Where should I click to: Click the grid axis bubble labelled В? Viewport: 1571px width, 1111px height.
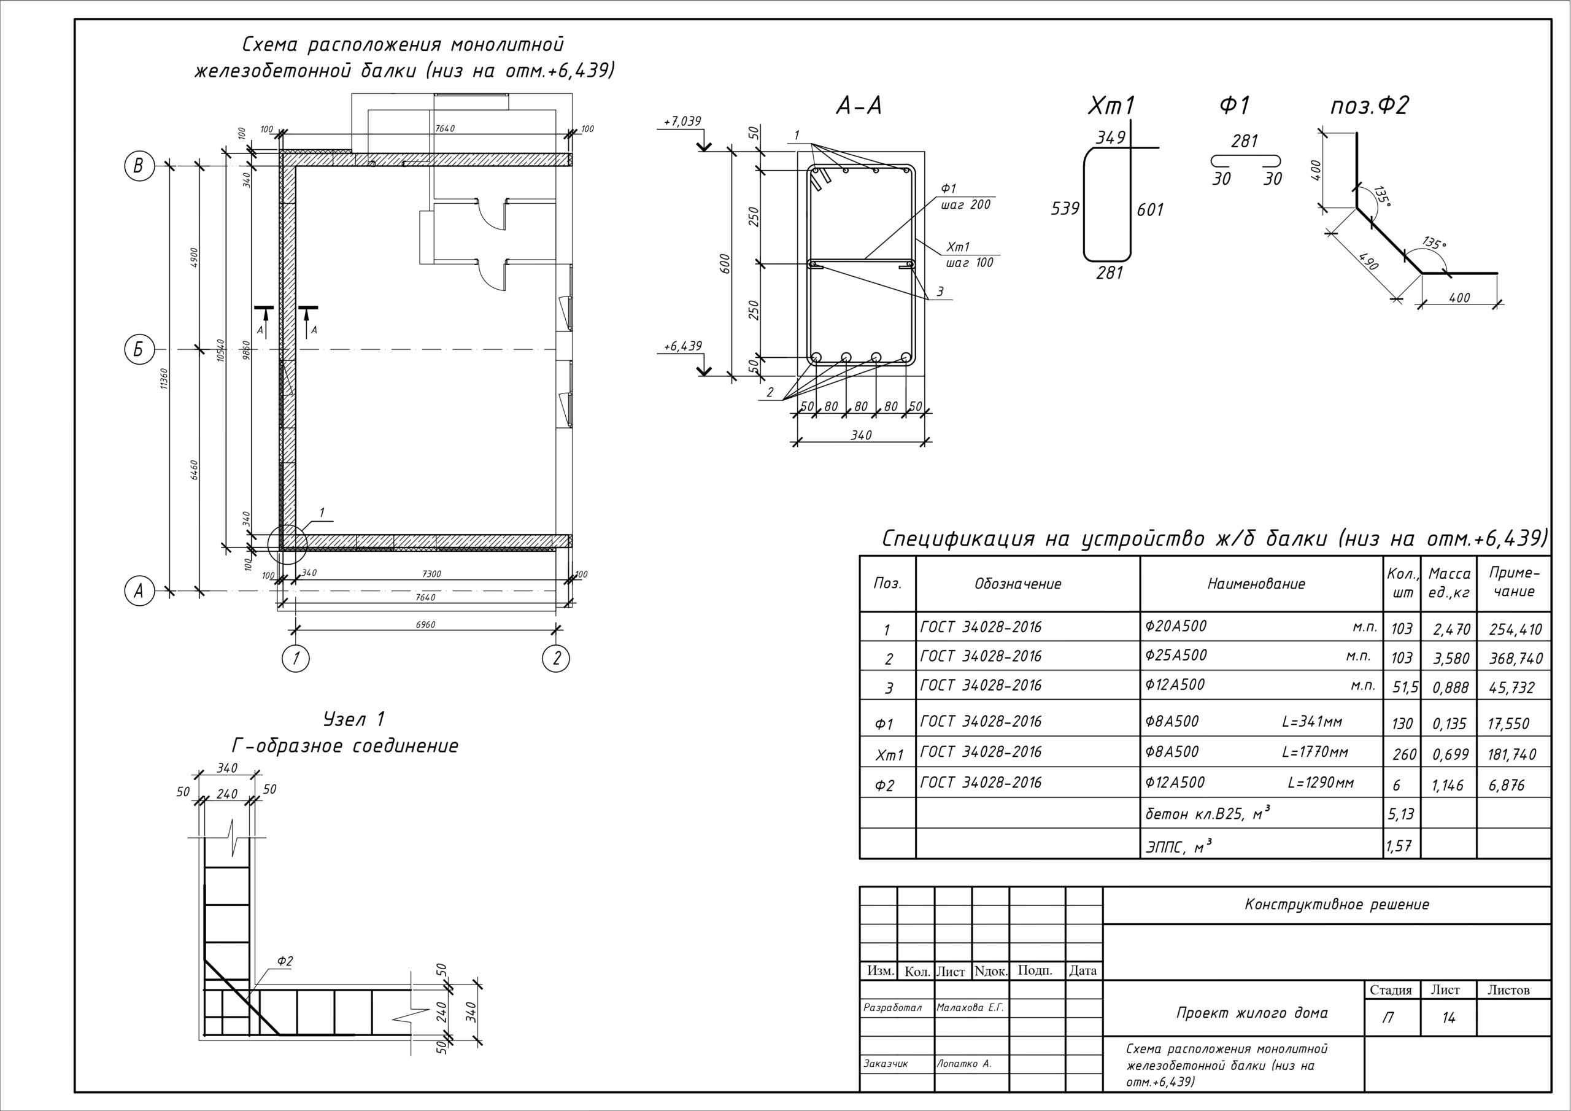[x=138, y=166]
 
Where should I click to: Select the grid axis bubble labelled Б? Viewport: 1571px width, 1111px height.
[x=138, y=350]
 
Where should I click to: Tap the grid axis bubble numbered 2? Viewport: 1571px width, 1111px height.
[x=555, y=659]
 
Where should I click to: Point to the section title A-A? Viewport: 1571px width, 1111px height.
[x=859, y=106]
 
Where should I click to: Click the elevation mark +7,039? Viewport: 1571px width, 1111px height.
[x=682, y=122]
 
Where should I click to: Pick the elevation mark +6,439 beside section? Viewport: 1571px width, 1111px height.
[x=683, y=346]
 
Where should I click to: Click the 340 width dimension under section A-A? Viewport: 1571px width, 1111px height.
[x=861, y=435]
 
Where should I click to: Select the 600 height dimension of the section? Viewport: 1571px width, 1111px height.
[x=726, y=263]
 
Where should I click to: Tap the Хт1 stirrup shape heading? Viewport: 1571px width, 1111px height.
[x=1111, y=106]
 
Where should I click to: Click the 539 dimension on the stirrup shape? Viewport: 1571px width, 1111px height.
[x=1065, y=209]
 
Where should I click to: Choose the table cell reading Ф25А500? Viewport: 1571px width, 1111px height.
[x=1176, y=656]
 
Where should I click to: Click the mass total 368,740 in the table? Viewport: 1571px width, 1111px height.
[x=1516, y=659]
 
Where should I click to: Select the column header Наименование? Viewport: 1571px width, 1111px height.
[x=1256, y=584]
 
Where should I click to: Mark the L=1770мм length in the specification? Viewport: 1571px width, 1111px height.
[x=1315, y=753]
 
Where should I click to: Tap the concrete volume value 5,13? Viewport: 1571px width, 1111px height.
[x=1399, y=815]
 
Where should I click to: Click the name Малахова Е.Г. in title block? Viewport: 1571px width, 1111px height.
[x=970, y=1008]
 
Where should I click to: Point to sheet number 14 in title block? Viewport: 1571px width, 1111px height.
[x=1448, y=1018]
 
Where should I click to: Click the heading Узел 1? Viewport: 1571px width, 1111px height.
[x=353, y=719]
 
